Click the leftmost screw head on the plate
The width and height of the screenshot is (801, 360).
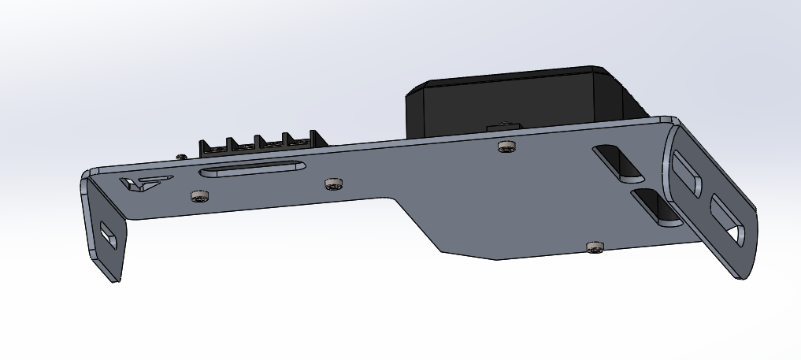point(200,195)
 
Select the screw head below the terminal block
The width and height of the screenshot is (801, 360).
point(334,184)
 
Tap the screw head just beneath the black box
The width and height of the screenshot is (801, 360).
point(507,146)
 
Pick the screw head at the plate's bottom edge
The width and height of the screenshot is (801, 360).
point(595,247)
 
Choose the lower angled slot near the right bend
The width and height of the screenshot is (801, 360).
point(655,206)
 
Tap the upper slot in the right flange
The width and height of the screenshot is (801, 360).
point(687,174)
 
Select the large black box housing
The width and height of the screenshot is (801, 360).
point(512,98)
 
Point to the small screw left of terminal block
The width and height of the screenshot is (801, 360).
point(181,157)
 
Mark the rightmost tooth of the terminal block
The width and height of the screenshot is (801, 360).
point(313,137)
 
